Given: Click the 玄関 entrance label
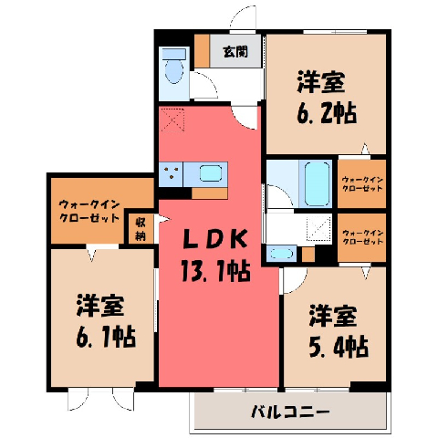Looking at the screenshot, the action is [x=235, y=51].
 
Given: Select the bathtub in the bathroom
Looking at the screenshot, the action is [x=317, y=183].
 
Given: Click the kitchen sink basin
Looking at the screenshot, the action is [x=211, y=174].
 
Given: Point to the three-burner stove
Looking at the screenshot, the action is [x=171, y=174].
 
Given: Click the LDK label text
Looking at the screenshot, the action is [x=214, y=239].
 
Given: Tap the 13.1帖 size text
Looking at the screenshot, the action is [x=215, y=270].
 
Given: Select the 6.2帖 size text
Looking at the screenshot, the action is [x=327, y=113].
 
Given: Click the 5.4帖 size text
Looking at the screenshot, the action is [x=339, y=347].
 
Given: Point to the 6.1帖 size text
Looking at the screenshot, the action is [x=106, y=337].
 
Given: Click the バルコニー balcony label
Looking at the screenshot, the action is [x=290, y=412].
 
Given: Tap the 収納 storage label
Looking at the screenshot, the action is [x=141, y=230].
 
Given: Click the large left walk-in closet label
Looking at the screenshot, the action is [x=89, y=211].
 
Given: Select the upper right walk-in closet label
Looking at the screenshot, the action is [x=362, y=183].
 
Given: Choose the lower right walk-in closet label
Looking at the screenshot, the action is [x=362, y=237].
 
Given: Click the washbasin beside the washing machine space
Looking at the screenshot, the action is [x=281, y=254].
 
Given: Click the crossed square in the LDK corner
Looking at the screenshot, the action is [x=172, y=120].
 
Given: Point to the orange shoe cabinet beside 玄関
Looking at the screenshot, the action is [x=202, y=51].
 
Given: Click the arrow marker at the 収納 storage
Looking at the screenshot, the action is [x=162, y=219].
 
